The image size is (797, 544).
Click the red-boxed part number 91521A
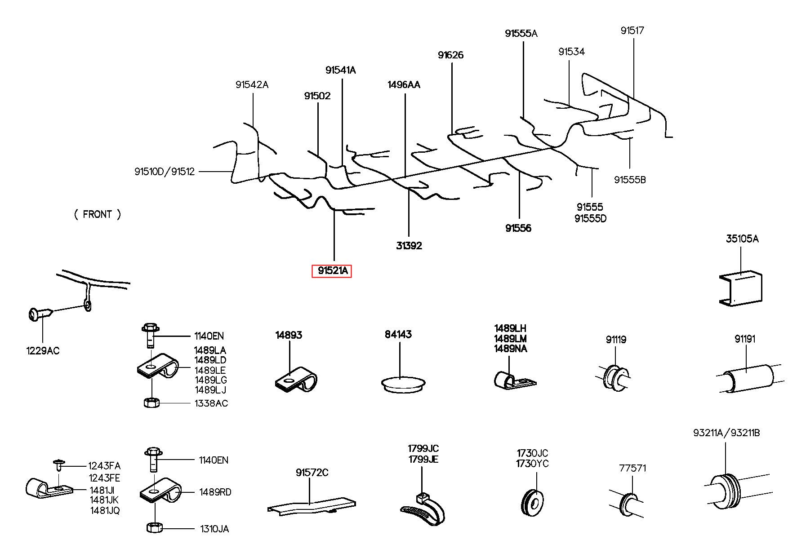coord(332,271)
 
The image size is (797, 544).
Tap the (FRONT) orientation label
coord(98,214)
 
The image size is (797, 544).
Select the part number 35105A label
coord(742,239)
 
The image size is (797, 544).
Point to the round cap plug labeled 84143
coord(403,384)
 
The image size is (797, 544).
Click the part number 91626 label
coord(450,55)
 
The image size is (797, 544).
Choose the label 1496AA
coord(404,85)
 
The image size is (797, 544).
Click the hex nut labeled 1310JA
coord(155,527)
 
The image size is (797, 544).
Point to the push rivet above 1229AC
coord(40,314)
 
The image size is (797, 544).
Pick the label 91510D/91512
coord(164,172)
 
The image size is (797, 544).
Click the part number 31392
coord(409,246)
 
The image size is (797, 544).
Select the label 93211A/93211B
coord(726,433)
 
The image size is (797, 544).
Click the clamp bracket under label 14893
coord(295,380)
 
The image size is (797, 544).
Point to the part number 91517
coord(632,31)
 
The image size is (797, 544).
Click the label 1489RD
coord(215,492)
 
